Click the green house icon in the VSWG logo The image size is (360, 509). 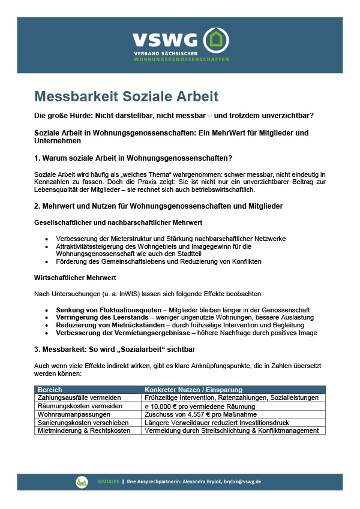tap(215, 40)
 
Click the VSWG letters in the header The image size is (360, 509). tap(164, 40)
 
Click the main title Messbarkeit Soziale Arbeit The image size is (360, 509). tap(126, 96)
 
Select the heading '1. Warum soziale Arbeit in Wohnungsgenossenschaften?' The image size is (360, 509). tap(133, 158)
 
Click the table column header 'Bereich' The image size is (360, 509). tap(50, 390)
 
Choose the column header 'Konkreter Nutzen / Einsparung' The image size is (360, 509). tap(193, 390)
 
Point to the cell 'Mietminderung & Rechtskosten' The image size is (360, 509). tap(83, 430)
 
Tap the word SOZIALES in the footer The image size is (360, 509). tap(109, 481)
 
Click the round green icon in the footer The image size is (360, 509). tap(82, 481)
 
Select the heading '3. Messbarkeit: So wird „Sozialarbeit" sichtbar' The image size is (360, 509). tap(114, 349)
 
